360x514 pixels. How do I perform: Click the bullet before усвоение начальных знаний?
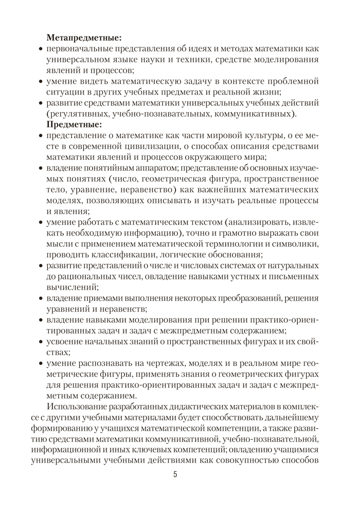pos(41,342)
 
